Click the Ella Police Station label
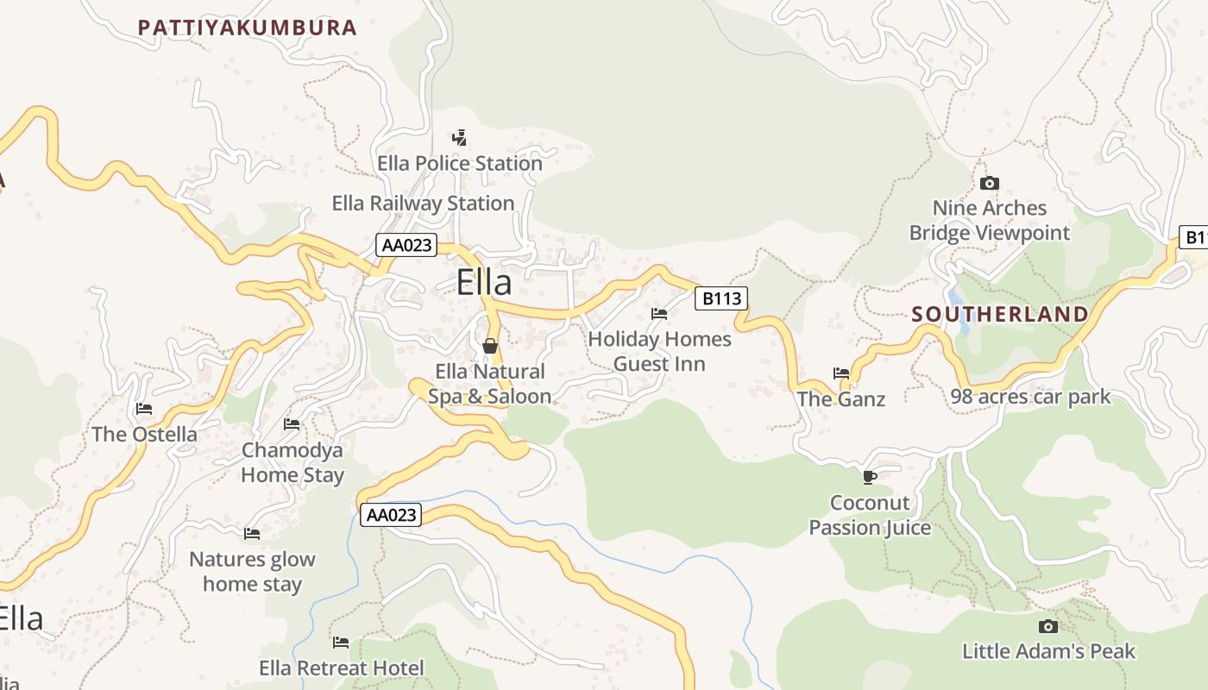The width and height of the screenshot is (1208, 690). tap(459, 163)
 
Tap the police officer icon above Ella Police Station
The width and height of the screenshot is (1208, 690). tap(459, 137)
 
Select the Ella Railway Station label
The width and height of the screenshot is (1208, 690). tap(423, 204)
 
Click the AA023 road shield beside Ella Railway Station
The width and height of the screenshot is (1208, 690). tap(406, 245)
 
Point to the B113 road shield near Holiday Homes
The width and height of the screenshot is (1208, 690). tap(720, 298)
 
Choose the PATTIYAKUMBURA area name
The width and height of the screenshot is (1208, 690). tap(247, 28)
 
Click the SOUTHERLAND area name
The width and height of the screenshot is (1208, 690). tap(1000, 314)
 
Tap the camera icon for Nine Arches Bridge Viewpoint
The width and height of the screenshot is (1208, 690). tap(990, 183)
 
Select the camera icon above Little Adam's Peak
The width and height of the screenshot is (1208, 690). tap(1048, 626)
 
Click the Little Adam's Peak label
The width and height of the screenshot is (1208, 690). tap(1048, 651)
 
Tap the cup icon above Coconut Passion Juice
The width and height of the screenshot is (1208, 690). tap(870, 477)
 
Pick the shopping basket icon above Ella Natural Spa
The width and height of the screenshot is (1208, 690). tap(490, 346)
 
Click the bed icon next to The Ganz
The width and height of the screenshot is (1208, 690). tap(841, 373)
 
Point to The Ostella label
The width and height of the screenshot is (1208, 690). tap(144, 434)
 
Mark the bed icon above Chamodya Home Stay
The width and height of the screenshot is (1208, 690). tap(292, 424)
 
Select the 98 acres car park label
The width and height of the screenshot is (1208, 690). tap(1030, 397)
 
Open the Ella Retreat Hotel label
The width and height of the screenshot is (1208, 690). tap(342, 668)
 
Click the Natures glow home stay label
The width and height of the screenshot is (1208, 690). tap(252, 571)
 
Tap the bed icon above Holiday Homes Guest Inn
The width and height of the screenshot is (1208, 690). tap(659, 314)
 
